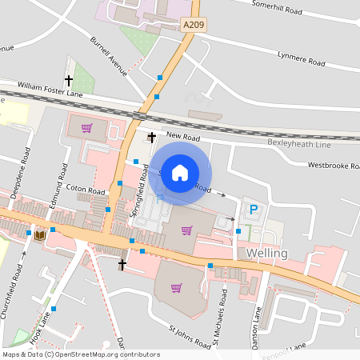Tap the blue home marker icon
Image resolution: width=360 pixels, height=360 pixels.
point(181,172)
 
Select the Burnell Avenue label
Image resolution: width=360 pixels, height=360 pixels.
point(110,57)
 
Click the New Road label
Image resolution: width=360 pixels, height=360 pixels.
point(183,138)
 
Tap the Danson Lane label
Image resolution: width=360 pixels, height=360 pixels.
point(258,324)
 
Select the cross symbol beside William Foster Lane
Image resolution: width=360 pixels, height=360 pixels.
point(69,80)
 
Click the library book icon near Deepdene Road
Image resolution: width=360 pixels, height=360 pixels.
point(39,234)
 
